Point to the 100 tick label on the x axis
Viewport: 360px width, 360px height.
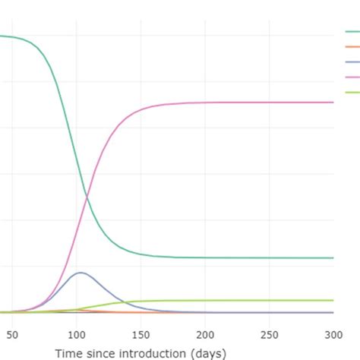pyautogui.click(x=76, y=335)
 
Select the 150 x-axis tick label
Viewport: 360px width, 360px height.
pyautogui.click(x=141, y=335)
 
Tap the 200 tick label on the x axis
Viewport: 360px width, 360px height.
pyautogui.click(x=205, y=335)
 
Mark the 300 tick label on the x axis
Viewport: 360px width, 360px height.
pyautogui.click(x=333, y=335)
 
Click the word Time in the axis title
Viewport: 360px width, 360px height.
pyautogui.click(x=68, y=352)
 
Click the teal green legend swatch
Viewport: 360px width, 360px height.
pyautogui.click(x=352, y=32)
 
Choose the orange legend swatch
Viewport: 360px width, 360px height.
pyautogui.click(x=352, y=47)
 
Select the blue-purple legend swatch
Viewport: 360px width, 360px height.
pyautogui.click(x=352, y=62)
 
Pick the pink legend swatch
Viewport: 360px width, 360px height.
pyautogui.click(x=352, y=77)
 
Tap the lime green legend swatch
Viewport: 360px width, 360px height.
pyautogui.click(x=352, y=93)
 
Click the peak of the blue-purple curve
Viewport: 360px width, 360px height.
pyautogui.click(x=80, y=272)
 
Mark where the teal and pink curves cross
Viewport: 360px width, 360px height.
pyautogui.click(x=86, y=196)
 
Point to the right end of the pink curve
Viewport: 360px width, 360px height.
pyautogui.click(x=333, y=102)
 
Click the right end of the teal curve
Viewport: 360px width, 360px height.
pyautogui.click(x=333, y=257)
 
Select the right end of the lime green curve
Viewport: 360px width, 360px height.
pyautogui.click(x=333, y=300)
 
